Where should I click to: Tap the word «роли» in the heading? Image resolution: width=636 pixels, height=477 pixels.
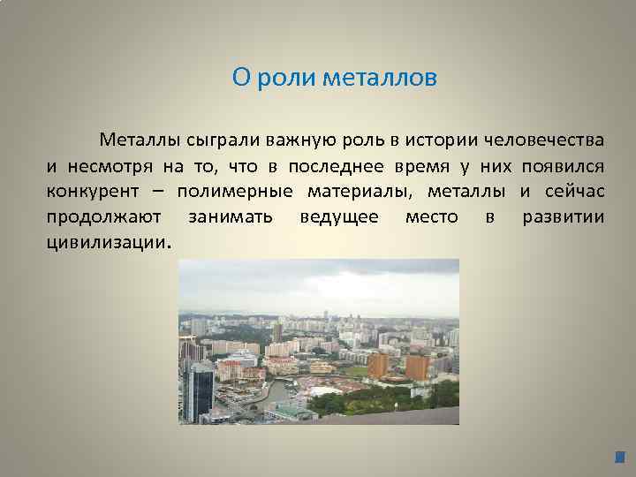(x=285, y=79)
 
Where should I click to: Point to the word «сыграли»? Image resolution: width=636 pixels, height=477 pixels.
(x=220, y=140)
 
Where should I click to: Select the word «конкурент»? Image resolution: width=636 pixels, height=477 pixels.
(x=88, y=191)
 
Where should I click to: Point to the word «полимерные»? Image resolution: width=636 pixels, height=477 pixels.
(x=234, y=191)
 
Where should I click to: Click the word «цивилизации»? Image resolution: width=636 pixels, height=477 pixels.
(x=105, y=242)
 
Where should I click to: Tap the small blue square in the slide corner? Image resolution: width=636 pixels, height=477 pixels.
(x=619, y=458)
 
